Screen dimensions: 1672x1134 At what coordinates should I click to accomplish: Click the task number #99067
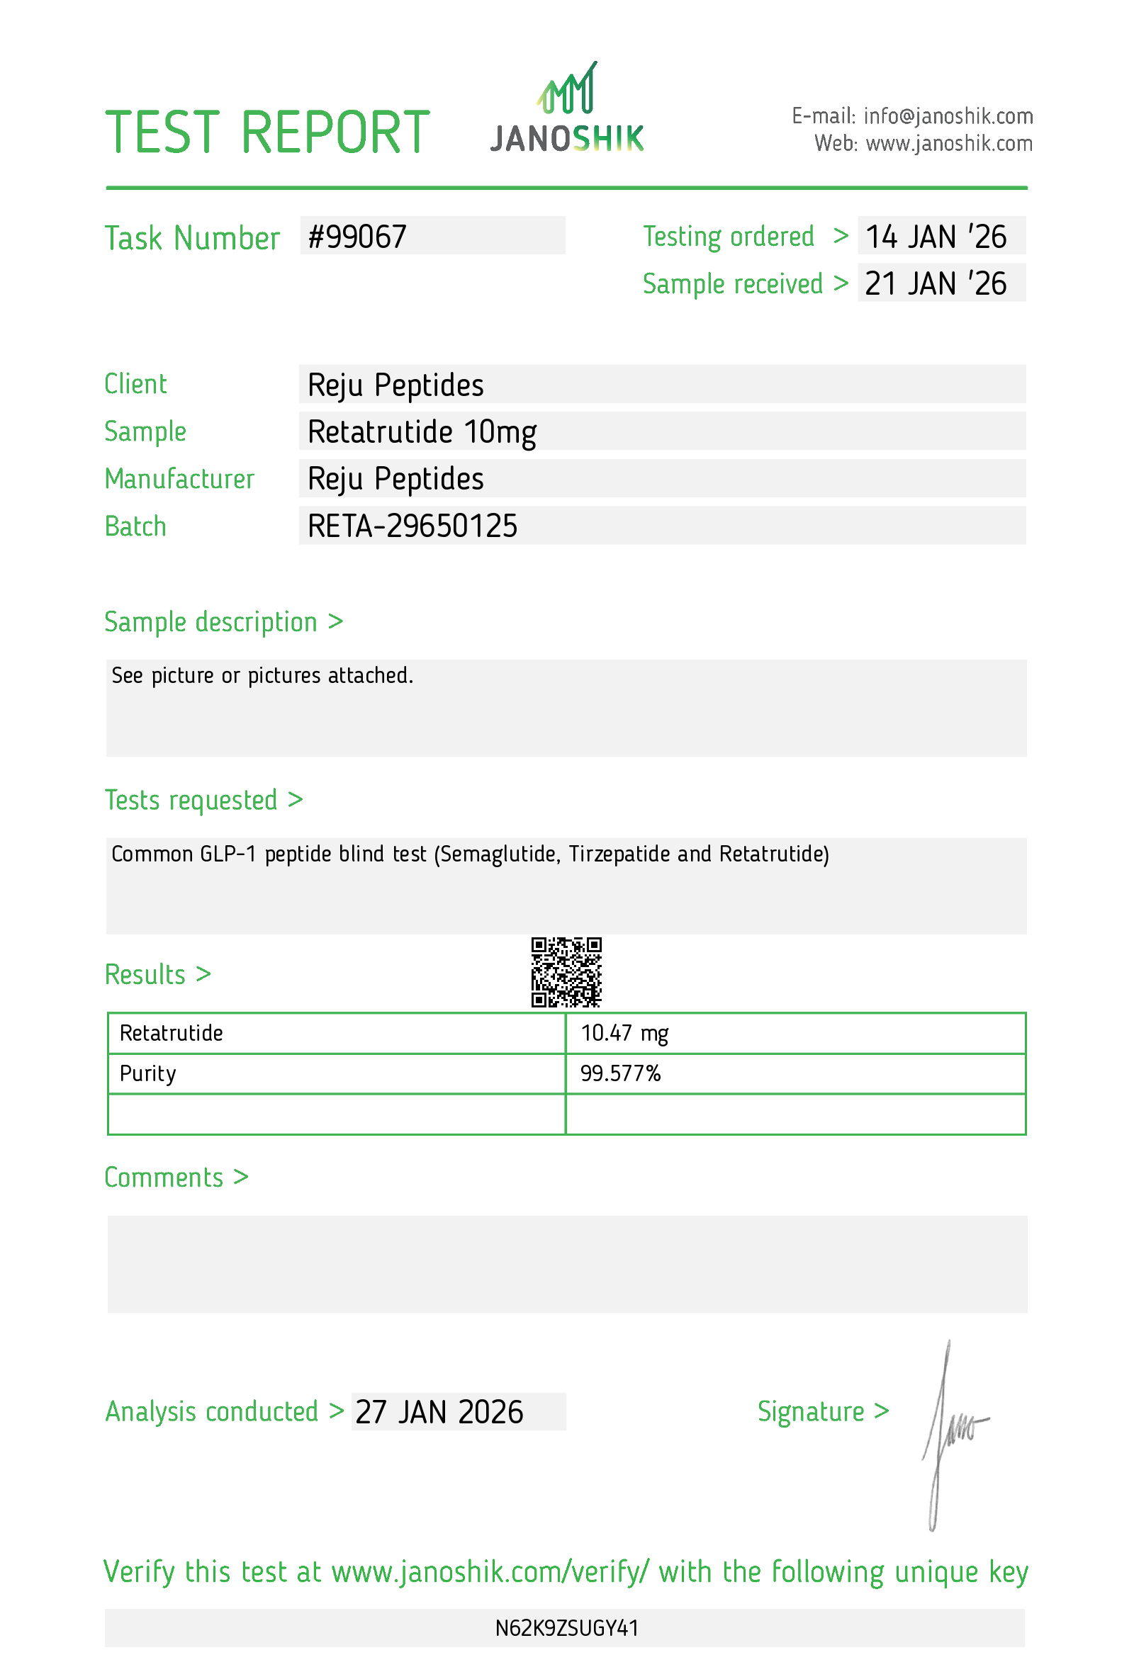[357, 237]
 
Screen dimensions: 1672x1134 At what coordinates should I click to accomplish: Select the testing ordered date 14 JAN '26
[935, 237]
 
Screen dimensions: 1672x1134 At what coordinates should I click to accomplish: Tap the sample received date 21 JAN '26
[935, 283]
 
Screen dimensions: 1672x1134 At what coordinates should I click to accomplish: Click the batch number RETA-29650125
[412, 526]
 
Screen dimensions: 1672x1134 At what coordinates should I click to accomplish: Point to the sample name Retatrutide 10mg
[422, 431]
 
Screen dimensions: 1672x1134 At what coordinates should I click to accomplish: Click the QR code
[566, 971]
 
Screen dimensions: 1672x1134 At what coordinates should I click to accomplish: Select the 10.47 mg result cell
[624, 1033]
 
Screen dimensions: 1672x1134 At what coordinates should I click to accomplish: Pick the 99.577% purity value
[620, 1073]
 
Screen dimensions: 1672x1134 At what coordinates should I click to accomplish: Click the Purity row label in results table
[147, 1073]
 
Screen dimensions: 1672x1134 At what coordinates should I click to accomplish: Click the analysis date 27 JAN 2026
[439, 1412]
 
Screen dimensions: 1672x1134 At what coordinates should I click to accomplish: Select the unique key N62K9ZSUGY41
[566, 1628]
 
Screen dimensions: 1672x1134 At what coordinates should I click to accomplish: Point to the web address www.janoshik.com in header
[948, 144]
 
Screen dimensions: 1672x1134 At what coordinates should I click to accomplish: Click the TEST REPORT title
[267, 133]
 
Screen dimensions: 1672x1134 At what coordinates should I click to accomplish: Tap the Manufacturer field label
[179, 479]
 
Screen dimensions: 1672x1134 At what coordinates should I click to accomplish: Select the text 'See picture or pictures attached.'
[262, 676]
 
